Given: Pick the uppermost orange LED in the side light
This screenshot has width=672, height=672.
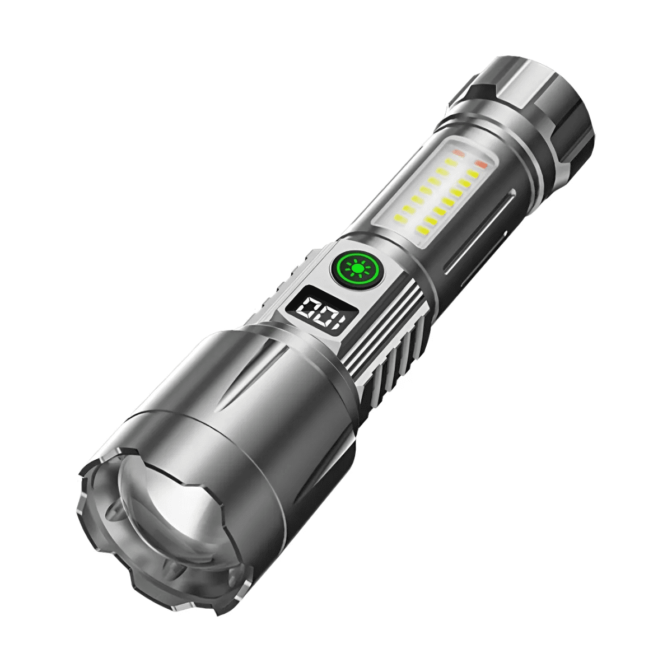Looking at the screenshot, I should [480, 164].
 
